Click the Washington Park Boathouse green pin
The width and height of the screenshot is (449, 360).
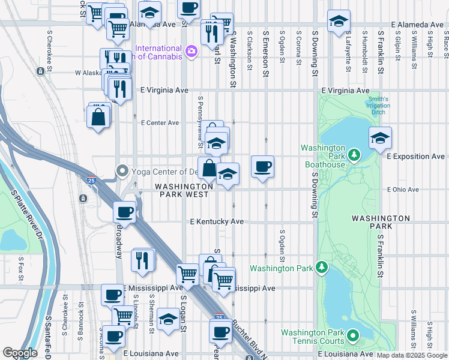(354, 156)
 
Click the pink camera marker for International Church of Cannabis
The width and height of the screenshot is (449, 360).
(191, 52)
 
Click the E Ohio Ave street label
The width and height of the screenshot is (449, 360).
(403, 189)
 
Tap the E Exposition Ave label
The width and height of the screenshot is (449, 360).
(415, 156)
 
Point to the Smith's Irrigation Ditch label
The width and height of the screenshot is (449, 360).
(378, 106)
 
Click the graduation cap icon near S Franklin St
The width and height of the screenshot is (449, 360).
(380, 138)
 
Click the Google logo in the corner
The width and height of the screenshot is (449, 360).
(20, 353)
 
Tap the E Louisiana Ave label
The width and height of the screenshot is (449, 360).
(151, 353)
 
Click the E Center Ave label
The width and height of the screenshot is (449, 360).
(160, 123)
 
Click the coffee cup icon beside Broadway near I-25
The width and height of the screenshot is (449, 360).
(124, 211)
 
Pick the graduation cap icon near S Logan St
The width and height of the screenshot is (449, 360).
(169, 319)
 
